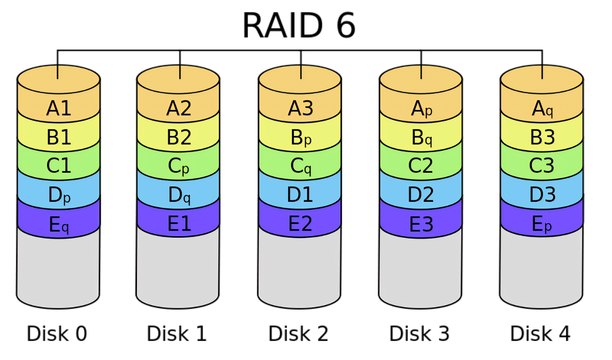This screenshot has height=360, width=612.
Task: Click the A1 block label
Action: point(59,109)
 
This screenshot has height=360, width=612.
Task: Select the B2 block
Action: point(179,137)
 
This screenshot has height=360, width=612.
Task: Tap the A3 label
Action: point(300,109)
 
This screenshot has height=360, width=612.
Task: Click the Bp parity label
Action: point(301,138)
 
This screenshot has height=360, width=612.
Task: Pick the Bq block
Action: point(421,138)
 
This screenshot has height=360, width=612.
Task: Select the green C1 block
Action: point(59,166)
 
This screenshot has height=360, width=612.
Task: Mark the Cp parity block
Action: point(179,166)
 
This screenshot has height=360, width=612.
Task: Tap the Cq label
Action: point(301,166)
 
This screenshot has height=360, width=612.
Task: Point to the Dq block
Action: point(179,195)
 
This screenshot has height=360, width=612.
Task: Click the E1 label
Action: point(179,224)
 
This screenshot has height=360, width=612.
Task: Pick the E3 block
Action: point(421,224)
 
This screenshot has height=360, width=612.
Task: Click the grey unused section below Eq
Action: point(58,268)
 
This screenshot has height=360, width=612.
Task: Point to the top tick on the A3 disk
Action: point(301,72)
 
